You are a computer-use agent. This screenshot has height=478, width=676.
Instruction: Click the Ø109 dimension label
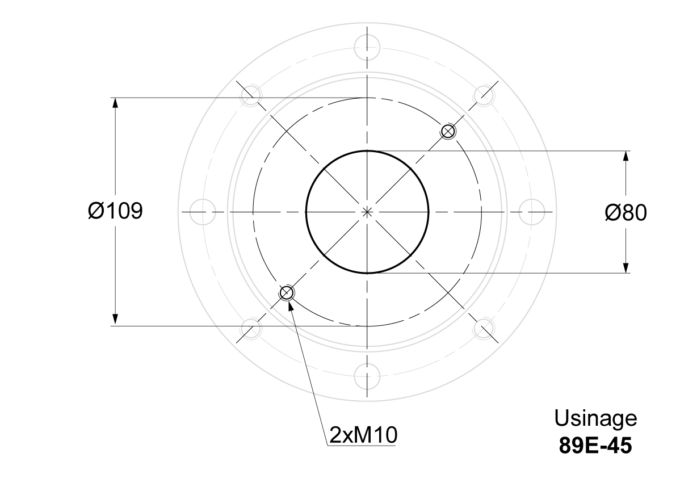pyautogui.click(x=115, y=211)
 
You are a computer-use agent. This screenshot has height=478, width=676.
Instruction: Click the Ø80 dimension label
pyautogui.click(x=625, y=212)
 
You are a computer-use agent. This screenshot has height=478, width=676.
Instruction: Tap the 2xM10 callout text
pyautogui.click(x=363, y=435)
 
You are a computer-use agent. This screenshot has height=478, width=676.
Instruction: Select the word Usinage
pyautogui.click(x=595, y=418)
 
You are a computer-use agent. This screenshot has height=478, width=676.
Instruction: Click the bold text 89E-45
pyautogui.click(x=595, y=445)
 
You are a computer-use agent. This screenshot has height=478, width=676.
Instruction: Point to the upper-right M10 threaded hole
pyautogui.click(x=448, y=131)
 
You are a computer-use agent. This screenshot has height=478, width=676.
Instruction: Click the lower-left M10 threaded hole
pyautogui.click(x=286, y=293)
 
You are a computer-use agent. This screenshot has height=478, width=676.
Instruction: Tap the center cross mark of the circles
pyautogui.click(x=367, y=212)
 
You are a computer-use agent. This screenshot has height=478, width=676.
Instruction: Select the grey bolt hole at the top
pyautogui.click(x=367, y=47)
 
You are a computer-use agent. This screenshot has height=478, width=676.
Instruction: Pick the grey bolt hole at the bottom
pyautogui.click(x=367, y=376)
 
